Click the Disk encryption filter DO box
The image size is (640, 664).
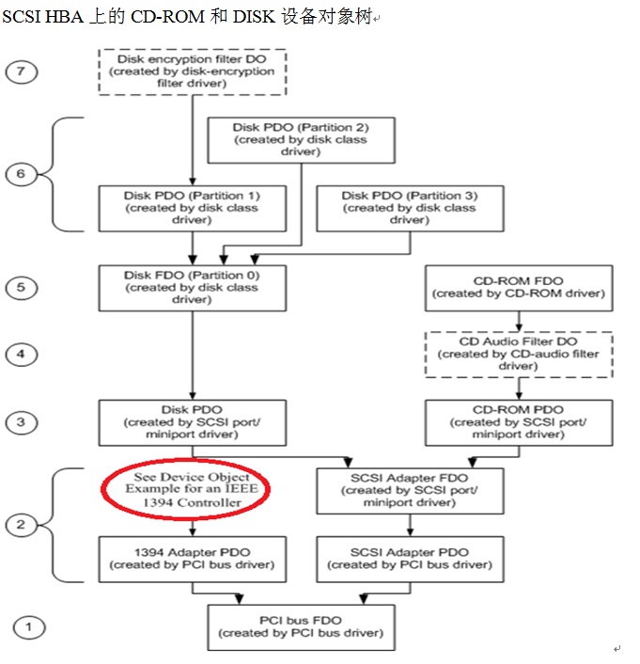[x=193, y=71]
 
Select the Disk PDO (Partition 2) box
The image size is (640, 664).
[x=301, y=139]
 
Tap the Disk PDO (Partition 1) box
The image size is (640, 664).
[x=193, y=207]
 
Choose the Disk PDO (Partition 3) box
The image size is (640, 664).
[x=409, y=207]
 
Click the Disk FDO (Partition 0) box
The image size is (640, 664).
[x=193, y=287]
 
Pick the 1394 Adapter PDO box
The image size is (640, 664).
[x=193, y=559]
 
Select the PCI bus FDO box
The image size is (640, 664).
[x=301, y=626]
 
